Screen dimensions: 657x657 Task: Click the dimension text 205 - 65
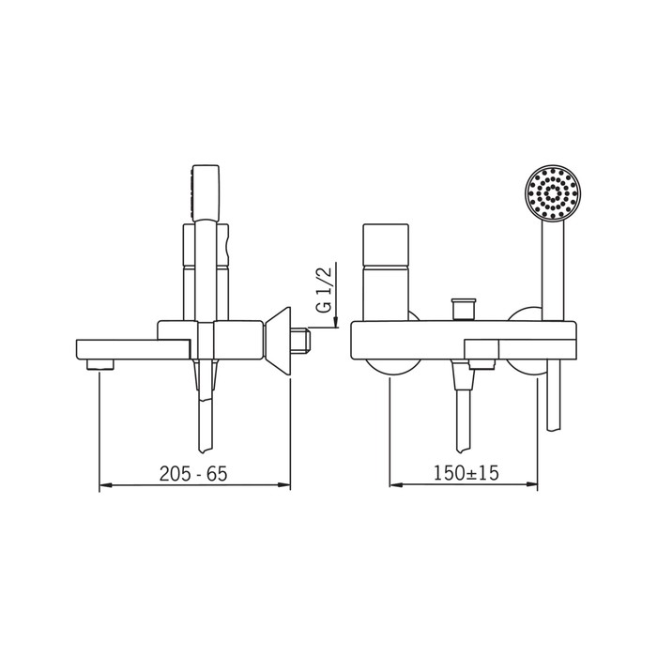click(193, 473)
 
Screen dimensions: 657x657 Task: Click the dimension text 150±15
click(466, 473)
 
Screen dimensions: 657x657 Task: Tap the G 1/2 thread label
click(324, 289)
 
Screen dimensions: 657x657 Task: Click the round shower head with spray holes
click(552, 192)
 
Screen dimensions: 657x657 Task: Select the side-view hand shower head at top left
click(205, 192)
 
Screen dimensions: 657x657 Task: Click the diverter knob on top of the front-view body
click(463, 309)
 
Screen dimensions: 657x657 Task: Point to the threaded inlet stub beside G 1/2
click(300, 341)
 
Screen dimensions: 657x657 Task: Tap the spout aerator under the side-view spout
click(100, 364)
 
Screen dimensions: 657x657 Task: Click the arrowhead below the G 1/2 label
click(336, 322)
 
